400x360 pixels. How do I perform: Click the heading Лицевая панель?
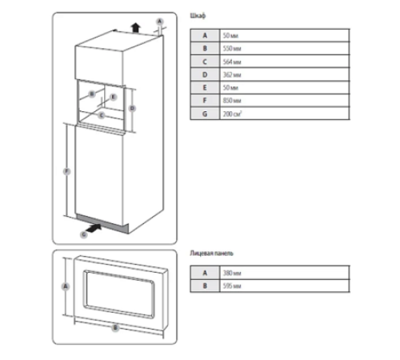point(212,253)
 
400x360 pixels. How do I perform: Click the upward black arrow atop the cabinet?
point(136,26)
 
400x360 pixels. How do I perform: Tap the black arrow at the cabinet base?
point(93,229)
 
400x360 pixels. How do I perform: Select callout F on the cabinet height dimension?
point(66,171)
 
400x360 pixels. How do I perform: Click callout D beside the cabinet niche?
point(133,106)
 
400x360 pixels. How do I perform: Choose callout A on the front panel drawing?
point(66,286)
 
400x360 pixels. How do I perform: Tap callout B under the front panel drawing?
point(115,326)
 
